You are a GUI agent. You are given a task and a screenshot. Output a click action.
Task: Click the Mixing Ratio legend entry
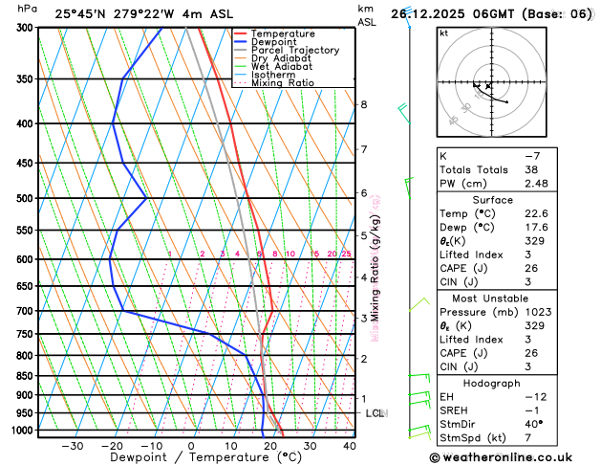point(288,83)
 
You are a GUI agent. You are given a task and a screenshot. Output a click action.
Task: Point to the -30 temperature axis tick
point(72,446)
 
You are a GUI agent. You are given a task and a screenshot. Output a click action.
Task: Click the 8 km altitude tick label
point(363,104)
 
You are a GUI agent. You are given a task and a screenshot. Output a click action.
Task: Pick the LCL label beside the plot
point(376,413)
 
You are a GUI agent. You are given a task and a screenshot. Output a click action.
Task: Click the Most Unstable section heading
point(513,299)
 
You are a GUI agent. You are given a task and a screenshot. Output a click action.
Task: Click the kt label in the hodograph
point(444,33)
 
